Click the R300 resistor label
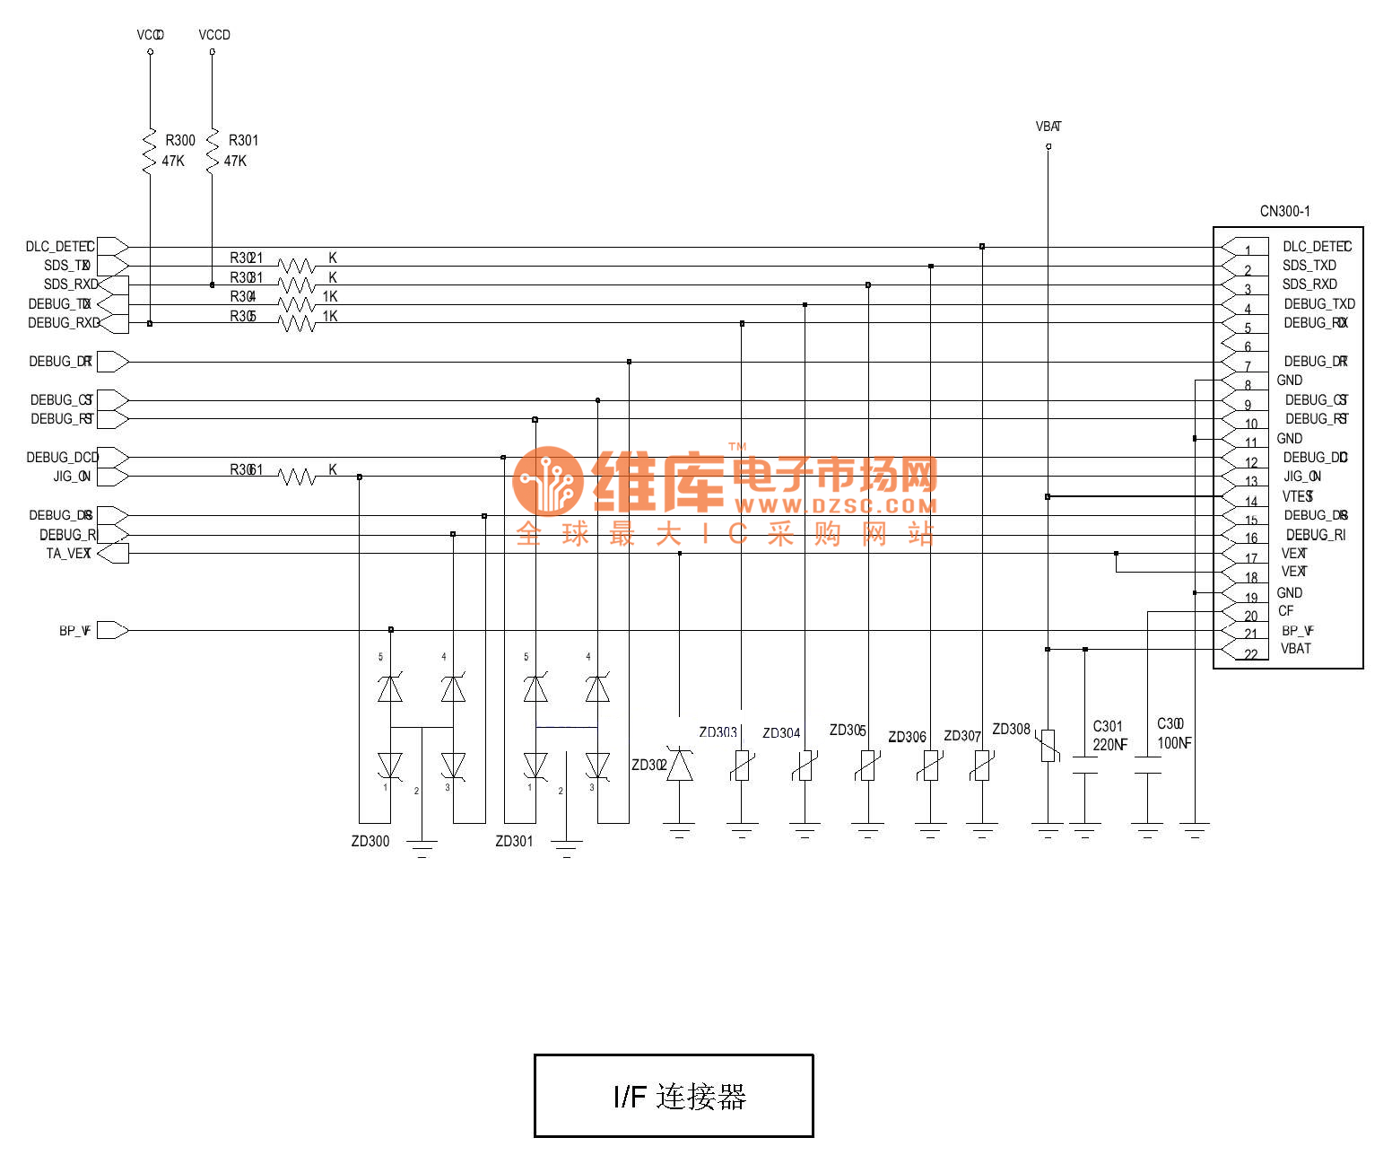pos(179,140)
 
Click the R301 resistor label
pos(243,140)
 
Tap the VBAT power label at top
pos(1048,127)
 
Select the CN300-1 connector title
pos(1284,211)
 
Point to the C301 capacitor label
pos(1108,726)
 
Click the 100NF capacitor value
pos(1174,743)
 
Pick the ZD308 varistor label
pos(1011,729)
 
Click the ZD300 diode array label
pos(370,841)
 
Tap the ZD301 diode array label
pos(514,841)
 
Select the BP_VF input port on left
pos(112,630)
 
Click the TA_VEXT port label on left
pos(68,553)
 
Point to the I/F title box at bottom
pos(674,1096)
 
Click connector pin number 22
pos(1251,654)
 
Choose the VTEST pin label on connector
pos(1297,496)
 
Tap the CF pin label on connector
pos(1286,611)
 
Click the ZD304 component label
pos(781,733)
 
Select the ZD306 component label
pos(907,737)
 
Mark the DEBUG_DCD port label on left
pos(62,457)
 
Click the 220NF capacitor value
pos(1109,745)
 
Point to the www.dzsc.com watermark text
pos(835,506)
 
